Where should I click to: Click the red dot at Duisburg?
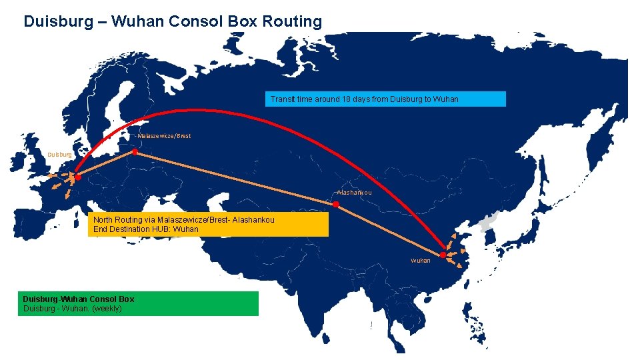(77, 178)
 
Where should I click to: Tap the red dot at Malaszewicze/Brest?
(135, 153)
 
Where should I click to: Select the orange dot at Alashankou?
(337, 207)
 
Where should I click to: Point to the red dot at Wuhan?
(443, 255)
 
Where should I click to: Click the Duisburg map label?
(59, 155)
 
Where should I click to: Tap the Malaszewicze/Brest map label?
(164, 136)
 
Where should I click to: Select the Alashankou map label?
(354, 193)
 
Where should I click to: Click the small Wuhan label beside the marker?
(421, 261)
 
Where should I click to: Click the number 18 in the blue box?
(346, 99)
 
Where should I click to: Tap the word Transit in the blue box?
(283, 99)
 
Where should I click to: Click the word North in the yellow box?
(103, 219)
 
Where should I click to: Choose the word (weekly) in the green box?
(107, 309)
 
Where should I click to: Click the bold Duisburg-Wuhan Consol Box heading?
(79, 299)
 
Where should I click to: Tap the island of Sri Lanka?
(370, 325)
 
